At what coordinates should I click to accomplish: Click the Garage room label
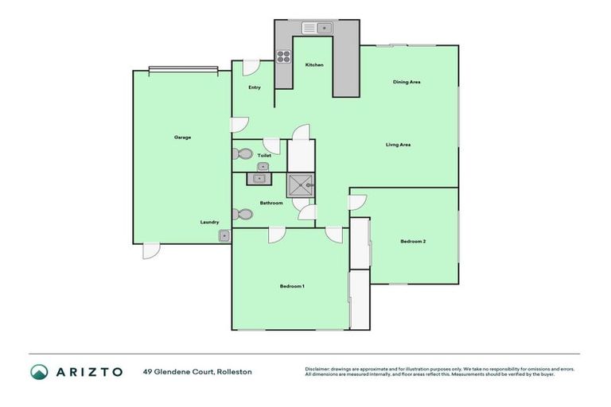pyautogui.click(x=182, y=138)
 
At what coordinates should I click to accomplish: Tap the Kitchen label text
pyautogui.click(x=314, y=64)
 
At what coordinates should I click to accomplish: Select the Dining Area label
pyautogui.click(x=407, y=82)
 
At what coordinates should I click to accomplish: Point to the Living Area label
pyautogui.click(x=398, y=145)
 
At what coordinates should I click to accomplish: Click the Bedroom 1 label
pyautogui.click(x=292, y=286)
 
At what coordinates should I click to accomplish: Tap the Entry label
pyautogui.click(x=255, y=87)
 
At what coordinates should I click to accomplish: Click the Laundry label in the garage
pyautogui.click(x=209, y=223)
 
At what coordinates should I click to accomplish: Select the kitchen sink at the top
pyautogui.click(x=316, y=28)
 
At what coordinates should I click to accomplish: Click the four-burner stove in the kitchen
pyautogui.click(x=282, y=56)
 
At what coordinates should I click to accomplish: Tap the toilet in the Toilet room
pyautogui.click(x=243, y=154)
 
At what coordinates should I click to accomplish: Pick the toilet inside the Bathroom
pyautogui.click(x=243, y=214)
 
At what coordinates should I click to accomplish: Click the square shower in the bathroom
pyautogui.click(x=301, y=185)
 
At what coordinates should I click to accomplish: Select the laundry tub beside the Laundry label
pyautogui.click(x=224, y=235)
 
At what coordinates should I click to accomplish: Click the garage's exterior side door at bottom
pyautogui.click(x=150, y=251)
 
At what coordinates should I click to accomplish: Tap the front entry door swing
pyautogui.click(x=251, y=69)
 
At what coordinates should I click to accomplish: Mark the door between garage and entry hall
pyautogui.click(x=239, y=124)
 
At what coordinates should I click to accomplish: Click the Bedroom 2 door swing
pyautogui.click(x=357, y=202)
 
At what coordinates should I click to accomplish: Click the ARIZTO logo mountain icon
pyautogui.click(x=39, y=371)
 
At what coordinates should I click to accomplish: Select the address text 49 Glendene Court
pyautogui.click(x=197, y=371)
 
